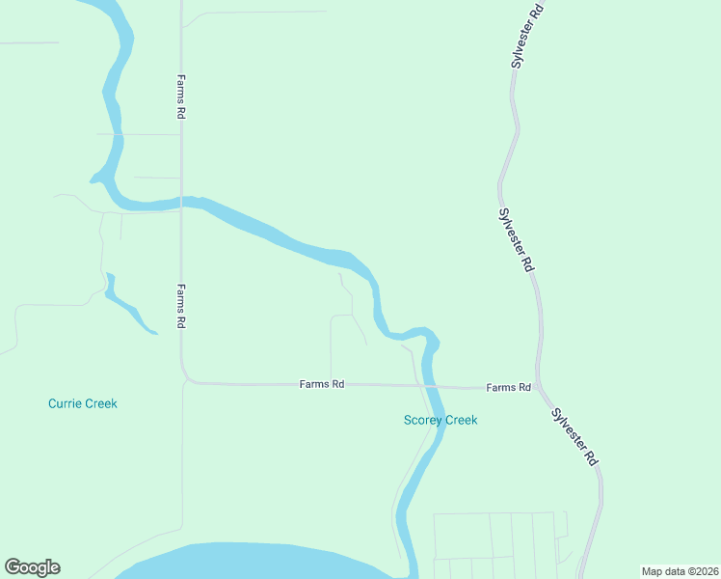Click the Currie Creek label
[x=83, y=403]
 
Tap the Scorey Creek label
[x=441, y=420]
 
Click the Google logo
[x=32, y=567]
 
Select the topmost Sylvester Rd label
[x=529, y=34]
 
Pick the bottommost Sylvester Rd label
[x=575, y=438]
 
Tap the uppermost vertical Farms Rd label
[x=180, y=96]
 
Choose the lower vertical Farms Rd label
[x=180, y=307]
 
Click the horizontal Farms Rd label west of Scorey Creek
[x=322, y=384]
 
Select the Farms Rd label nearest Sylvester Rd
[x=509, y=387]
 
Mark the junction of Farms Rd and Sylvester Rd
[x=540, y=388]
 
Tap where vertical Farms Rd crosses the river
[x=180, y=202]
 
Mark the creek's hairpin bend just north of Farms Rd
[x=430, y=338]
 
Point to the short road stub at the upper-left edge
[x=29, y=43]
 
